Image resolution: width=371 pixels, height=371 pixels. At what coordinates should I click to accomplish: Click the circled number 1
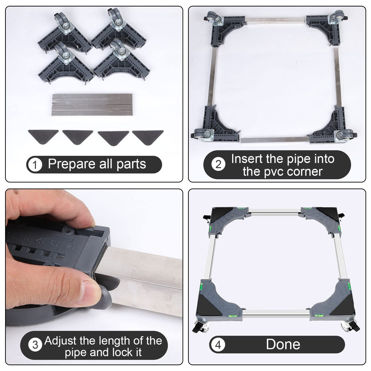click(34, 165)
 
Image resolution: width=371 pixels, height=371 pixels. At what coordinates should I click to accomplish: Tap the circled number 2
click(218, 164)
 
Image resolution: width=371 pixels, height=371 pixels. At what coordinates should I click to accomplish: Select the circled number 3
click(35, 345)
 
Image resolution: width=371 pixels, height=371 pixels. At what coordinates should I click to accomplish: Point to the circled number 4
click(218, 345)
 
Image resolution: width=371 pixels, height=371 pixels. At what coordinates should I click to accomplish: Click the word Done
click(283, 344)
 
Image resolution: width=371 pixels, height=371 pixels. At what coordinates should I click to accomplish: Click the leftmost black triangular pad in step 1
click(43, 137)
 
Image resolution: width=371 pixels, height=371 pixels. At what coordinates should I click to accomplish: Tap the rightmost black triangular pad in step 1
click(148, 137)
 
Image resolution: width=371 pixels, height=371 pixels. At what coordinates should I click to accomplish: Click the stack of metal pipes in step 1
click(92, 105)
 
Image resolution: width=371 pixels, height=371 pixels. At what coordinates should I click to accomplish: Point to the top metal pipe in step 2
click(276, 20)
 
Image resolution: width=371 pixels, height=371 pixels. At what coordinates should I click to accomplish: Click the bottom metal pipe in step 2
click(275, 140)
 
